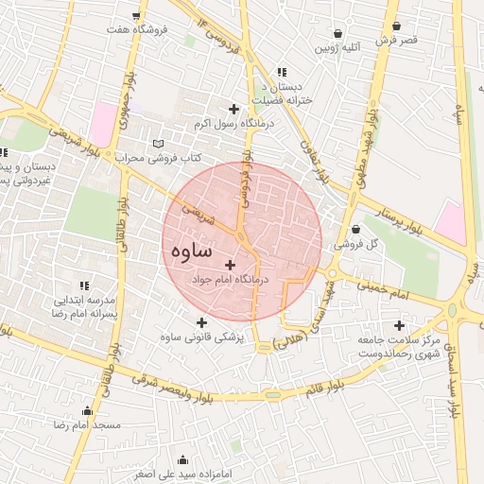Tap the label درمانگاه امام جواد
(x=230, y=281)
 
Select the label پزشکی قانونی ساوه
(x=199, y=337)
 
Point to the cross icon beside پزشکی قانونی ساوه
(x=201, y=321)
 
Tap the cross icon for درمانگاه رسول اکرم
(x=233, y=109)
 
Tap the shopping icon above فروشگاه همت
(x=137, y=16)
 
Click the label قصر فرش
(x=396, y=41)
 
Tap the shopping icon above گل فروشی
(x=355, y=229)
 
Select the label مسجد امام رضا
(x=89, y=425)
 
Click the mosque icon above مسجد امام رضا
(x=88, y=410)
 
